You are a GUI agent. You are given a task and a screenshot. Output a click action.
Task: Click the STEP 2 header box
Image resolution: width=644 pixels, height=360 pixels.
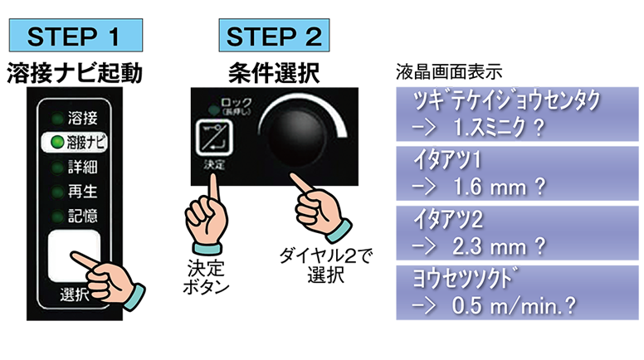pyautogui.click(x=275, y=37)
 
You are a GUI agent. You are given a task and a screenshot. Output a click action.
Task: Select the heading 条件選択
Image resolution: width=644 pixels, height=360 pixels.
pyautogui.click(x=275, y=74)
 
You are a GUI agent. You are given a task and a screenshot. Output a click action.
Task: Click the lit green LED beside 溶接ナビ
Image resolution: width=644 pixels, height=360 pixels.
pyautogui.click(x=55, y=141)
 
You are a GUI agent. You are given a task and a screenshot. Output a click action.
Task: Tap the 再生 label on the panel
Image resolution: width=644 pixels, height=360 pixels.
pyautogui.click(x=82, y=192)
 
